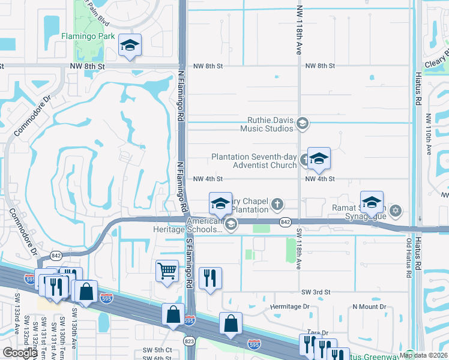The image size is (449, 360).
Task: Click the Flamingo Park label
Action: pyautogui.click(x=89, y=37)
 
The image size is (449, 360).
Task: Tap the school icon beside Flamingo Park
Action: pyautogui.click(x=130, y=46)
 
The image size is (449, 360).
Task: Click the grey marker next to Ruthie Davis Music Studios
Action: pyautogui.click(x=303, y=124)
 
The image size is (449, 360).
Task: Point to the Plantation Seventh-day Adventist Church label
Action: pyautogui.click(x=254, y=161)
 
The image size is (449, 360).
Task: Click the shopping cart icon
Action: pyautogui.click(x=167, y=271)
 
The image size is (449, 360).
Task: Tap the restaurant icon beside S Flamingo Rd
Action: pyautogui.click(x=209, y=278)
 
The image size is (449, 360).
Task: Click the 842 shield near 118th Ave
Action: pyautogui.click(x=286, y=222)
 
